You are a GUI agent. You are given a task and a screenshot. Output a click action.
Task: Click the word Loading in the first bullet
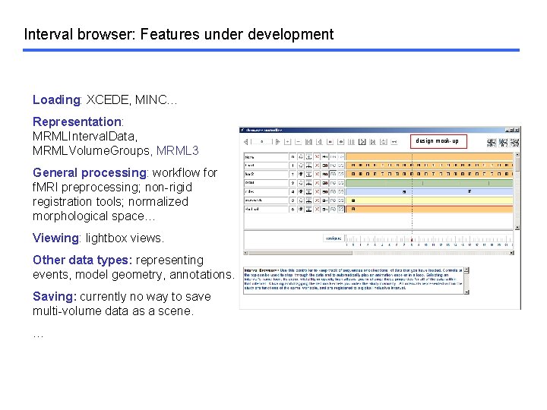point(56,99)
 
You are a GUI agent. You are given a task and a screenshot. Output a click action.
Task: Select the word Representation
point(77,121)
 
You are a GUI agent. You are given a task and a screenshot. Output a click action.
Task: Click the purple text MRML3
point(177,150)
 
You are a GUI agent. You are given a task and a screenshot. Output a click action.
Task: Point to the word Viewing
point(55,238)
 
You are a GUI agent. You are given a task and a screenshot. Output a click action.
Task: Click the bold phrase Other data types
point(82,260)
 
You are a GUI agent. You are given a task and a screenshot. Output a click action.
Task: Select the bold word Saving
point(54,296)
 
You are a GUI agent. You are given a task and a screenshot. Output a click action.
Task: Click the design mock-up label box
point(436,140)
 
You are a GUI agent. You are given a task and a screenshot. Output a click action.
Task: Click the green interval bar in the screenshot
point(430,182)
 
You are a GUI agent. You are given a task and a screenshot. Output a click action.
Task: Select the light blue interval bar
point(430,191)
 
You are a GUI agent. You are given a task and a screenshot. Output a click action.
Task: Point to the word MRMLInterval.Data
point(84,136)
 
